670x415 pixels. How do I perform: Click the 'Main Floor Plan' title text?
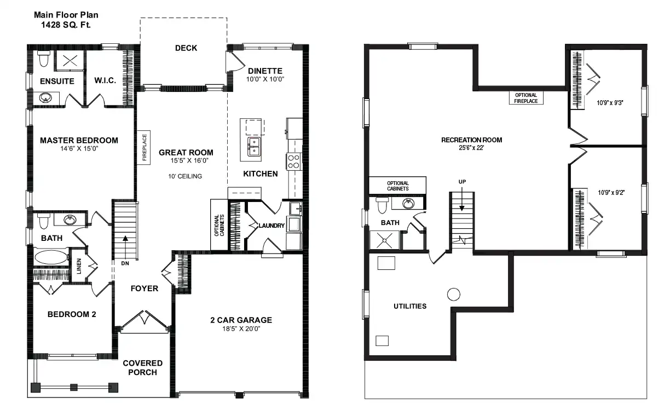(66, 15)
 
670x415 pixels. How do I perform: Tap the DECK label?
(186, 48)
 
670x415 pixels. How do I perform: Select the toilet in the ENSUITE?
(44, 59)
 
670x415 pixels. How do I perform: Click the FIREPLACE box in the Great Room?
(144, 147)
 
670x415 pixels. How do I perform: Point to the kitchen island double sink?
(254, 147)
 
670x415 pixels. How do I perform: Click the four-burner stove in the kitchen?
(293, 162)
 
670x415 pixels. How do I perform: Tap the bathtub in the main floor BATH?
(51, 257)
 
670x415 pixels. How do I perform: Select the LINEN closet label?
(79, 266)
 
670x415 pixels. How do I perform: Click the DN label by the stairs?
(125, 263)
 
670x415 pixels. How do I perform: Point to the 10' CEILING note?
(185, 176)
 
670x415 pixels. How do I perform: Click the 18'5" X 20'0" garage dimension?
(241, 329)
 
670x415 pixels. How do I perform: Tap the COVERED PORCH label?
(143, 368)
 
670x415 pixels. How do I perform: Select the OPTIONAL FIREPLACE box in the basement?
(526, 98)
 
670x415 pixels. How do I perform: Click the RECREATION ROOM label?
(472, 140)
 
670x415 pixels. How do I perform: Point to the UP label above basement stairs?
(462, 182)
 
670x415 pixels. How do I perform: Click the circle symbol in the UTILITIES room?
(453, 295)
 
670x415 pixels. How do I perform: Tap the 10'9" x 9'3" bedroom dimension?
(610, 103)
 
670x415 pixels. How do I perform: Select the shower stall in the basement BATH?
(384, 240)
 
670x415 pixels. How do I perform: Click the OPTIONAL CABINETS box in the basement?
(397, 186)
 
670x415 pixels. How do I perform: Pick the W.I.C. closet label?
(105, 80)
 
